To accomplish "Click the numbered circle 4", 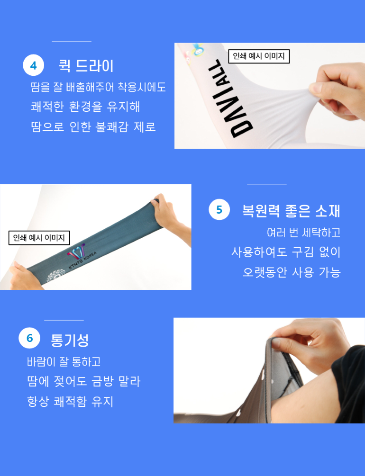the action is (34, 65).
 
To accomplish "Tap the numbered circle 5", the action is (219, 209).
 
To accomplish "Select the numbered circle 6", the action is (29, 338).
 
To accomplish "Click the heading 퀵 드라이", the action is (86, 66).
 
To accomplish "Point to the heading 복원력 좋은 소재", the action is (291, 211).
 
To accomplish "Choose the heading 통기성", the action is (70, 340).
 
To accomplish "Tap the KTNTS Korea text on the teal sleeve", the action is (82, 261).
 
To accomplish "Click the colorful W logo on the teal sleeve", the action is (76, 251).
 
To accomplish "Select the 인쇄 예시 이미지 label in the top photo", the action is (259, 56).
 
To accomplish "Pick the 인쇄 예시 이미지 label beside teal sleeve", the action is (39, 238).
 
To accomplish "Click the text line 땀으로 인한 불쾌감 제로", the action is (93, 126).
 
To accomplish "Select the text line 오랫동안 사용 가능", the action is (292, 272).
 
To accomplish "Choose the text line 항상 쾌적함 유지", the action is (70, 401).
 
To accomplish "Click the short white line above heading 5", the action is (266, 184).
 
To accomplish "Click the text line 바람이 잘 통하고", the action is (64, 361).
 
